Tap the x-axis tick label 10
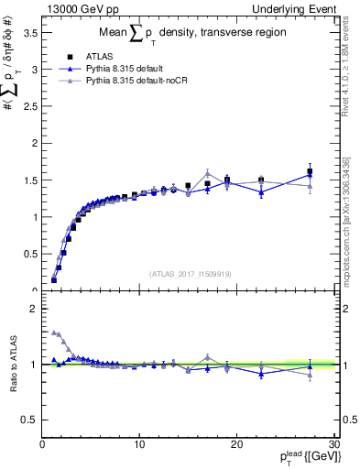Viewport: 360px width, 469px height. [138, 445]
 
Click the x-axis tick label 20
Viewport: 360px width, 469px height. [235, 445]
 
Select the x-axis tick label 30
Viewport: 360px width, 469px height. [333, 445]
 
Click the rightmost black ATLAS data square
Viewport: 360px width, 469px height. [310, 172]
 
